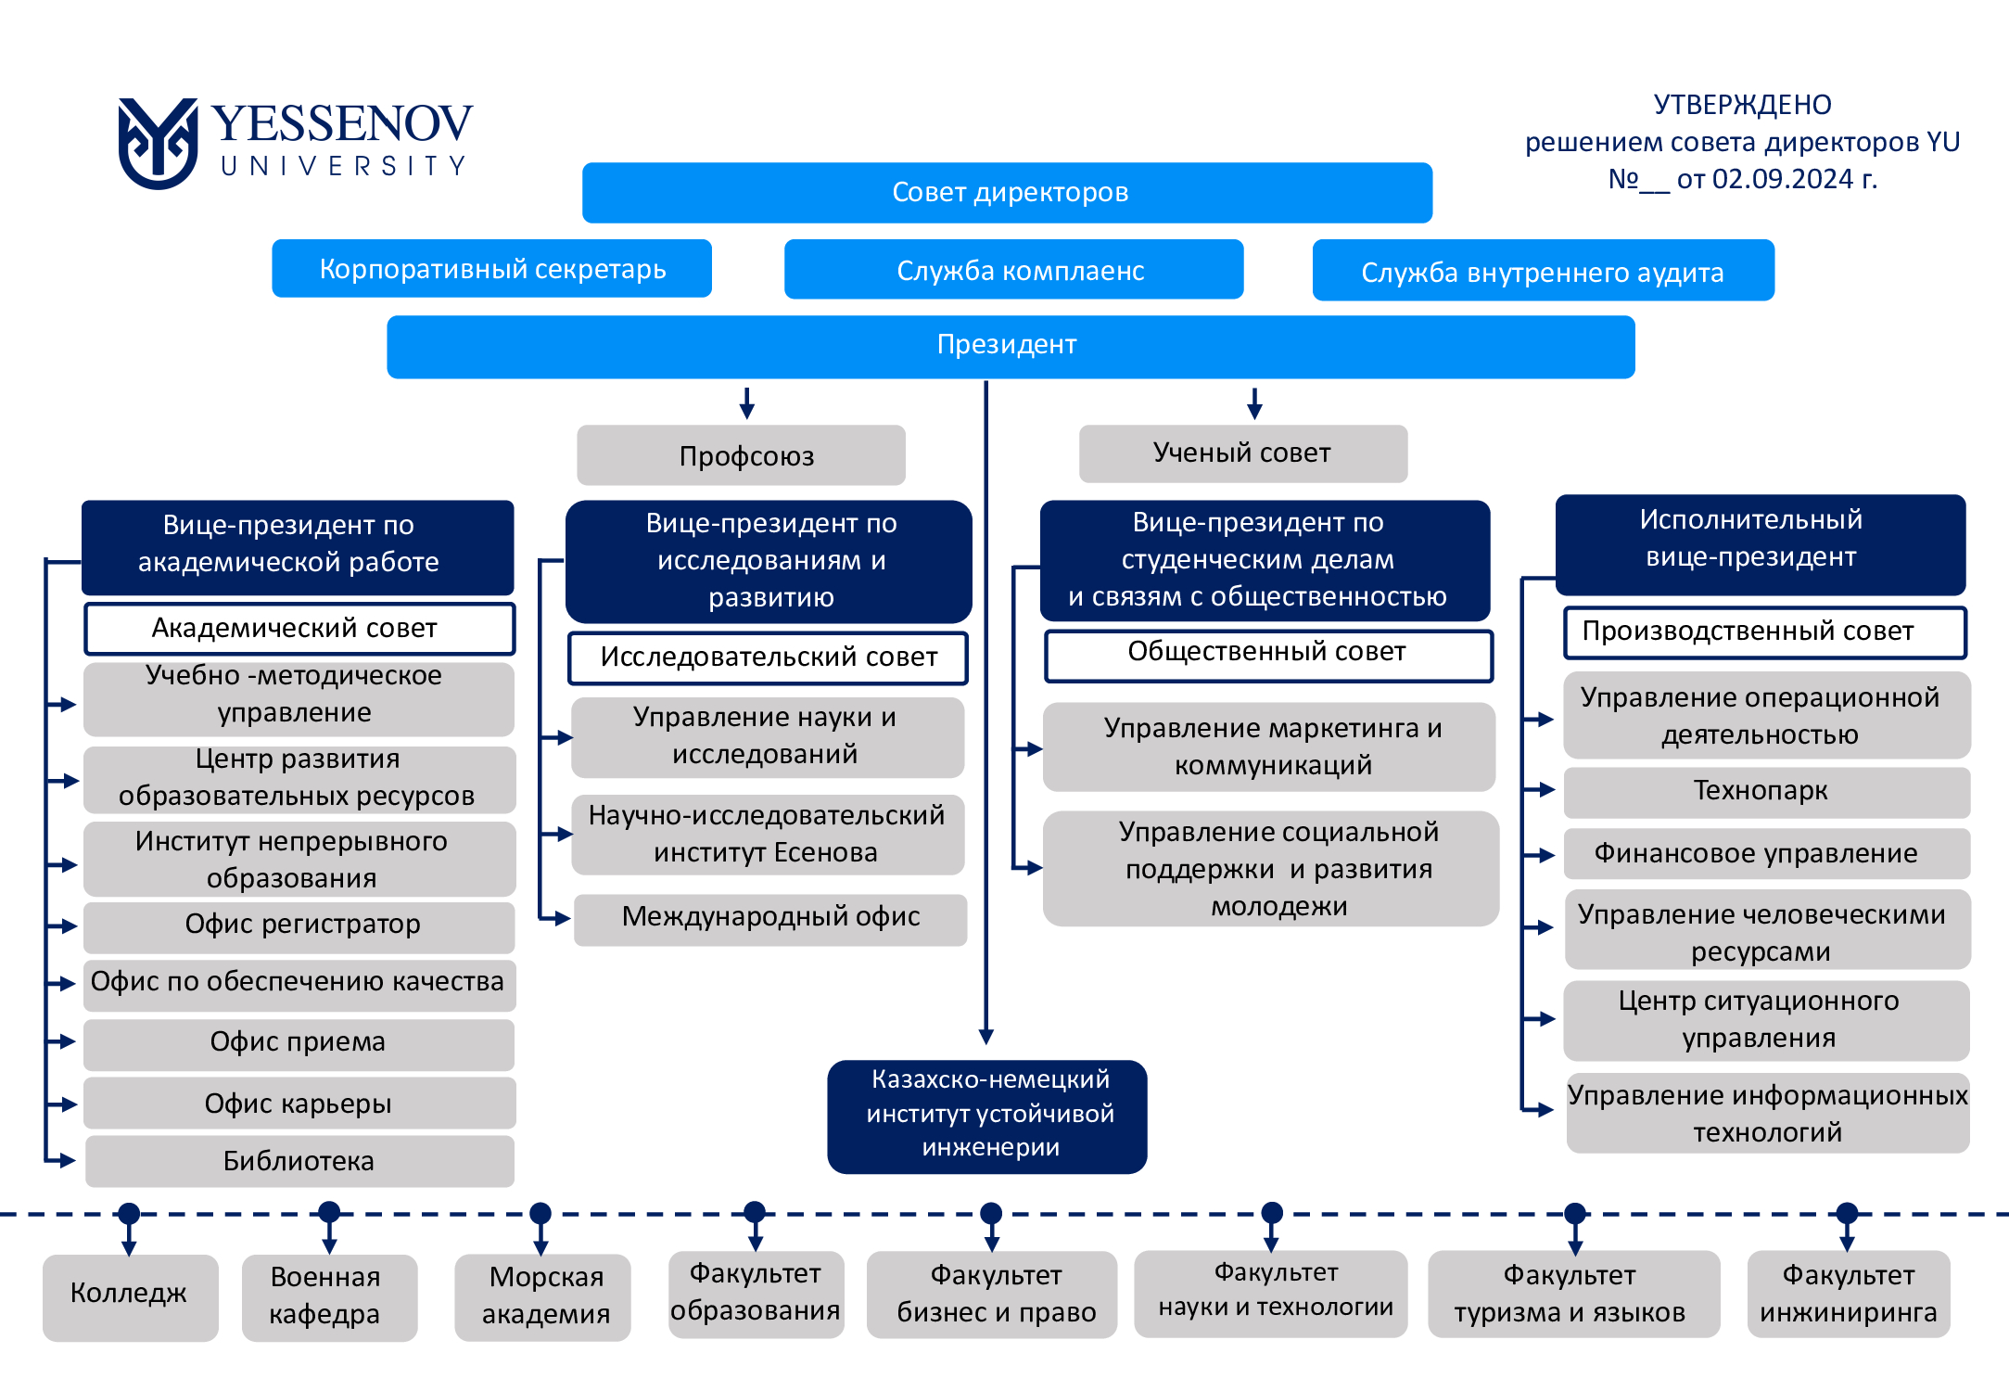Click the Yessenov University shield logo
pyautogui.click(x=158, y=143)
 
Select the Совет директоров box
pyautogui.click(x=1007, y=193)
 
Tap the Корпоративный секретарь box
pyautogui.click(x=491, y=269)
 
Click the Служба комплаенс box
pyautogui.click(x=1013, y=270)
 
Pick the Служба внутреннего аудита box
pyautogui.click(x=1544, y=271)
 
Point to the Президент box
pyautogui.click(x=1011, y=347)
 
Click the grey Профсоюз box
pyautogui.click(x=741, y=455)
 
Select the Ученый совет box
pyautogui.click(x=1243, y=453)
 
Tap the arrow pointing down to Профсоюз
pyautogui.click(x=747, y=403)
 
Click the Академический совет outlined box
pyautogui.click(x=299, y=629)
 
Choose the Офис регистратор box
pyautogui.click(x=299, y=926)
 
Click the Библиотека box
pyautogui.click(x=299, y=1161)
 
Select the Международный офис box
pyautogui.click(x=770, y=919)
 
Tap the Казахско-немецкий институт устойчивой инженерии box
pyautogui.click(x=987, y=1117)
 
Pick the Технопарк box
pyautogui.click(x=1766, y=792)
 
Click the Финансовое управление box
pyautogui.click(x=1766, y=853)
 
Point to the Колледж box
pyautogui.click(x=130, y=1297)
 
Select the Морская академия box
pyautogui.click(x=542, y=1297)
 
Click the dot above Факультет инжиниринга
pyautogui.click(x=1847, y=1213)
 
